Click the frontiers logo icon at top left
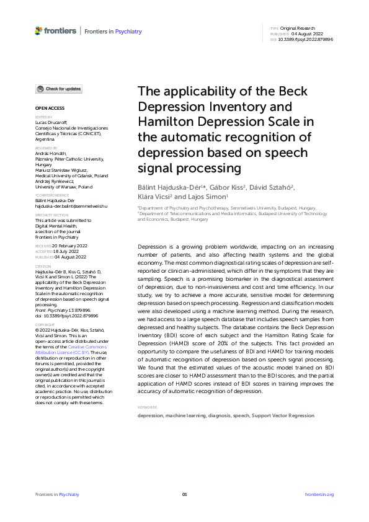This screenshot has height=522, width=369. click(39, 30)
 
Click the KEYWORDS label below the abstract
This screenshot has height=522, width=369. click(147, 407)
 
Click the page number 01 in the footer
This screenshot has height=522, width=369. click(184, 494)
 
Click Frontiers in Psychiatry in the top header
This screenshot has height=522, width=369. click(113, 31)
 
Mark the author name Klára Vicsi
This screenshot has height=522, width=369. click(158, 197)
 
